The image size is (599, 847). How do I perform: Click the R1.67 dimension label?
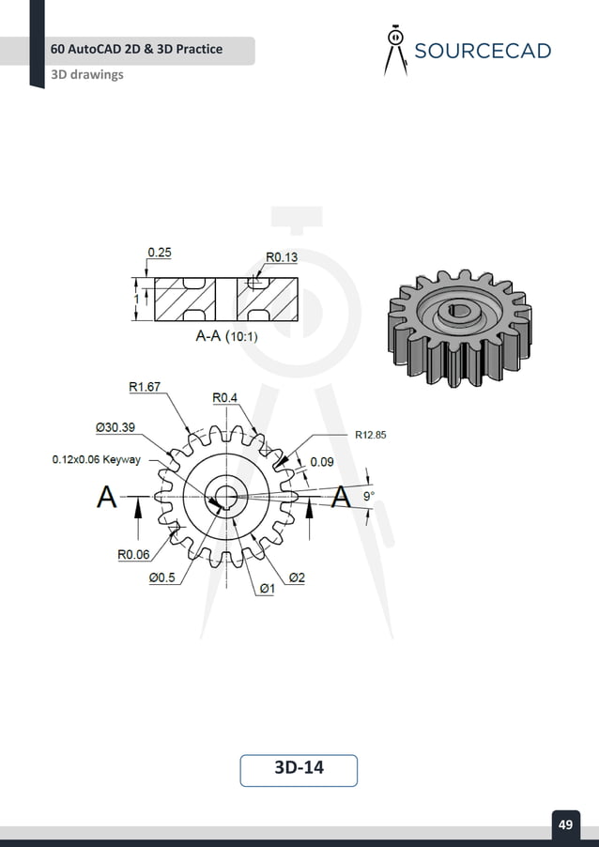144,386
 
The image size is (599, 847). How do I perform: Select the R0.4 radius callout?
224,398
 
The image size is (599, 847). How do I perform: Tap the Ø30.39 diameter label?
115,426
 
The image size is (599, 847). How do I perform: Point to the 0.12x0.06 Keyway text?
95,460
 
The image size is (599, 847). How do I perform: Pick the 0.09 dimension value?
322,462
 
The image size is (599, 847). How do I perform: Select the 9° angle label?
368,495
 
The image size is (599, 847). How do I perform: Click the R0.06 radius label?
133,554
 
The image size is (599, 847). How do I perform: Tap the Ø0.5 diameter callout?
161,578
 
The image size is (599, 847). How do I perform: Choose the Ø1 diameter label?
267,589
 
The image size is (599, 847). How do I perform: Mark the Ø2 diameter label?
296,578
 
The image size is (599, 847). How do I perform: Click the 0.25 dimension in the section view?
160,253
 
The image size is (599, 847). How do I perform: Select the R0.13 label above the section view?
282,256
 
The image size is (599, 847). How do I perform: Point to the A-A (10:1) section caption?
226,335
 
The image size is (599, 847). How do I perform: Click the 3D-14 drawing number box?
299,768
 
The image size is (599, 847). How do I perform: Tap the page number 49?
565,824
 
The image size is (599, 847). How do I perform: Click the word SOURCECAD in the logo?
483,51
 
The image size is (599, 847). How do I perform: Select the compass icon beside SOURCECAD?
395,50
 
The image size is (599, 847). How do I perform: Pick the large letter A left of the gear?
107,497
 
